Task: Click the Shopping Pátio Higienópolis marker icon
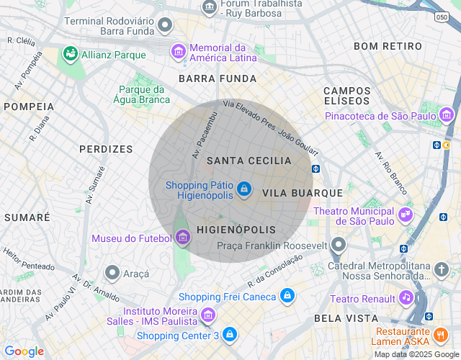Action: (244, 189)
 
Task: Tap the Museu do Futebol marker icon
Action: (182, 238)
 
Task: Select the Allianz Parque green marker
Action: (70, 53)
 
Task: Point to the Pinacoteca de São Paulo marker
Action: (447, 115)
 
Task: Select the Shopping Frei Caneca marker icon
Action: (287, 296)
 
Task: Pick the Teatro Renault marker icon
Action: (406, 298)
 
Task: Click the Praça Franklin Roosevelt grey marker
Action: (339, 246)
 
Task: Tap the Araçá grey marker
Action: (112, 273)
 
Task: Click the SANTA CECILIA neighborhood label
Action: (249, 161)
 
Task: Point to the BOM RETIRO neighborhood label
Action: (388, 46)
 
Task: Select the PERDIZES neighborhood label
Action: (106, 149)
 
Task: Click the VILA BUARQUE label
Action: (302, 193)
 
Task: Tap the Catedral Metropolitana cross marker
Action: (441, 269)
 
